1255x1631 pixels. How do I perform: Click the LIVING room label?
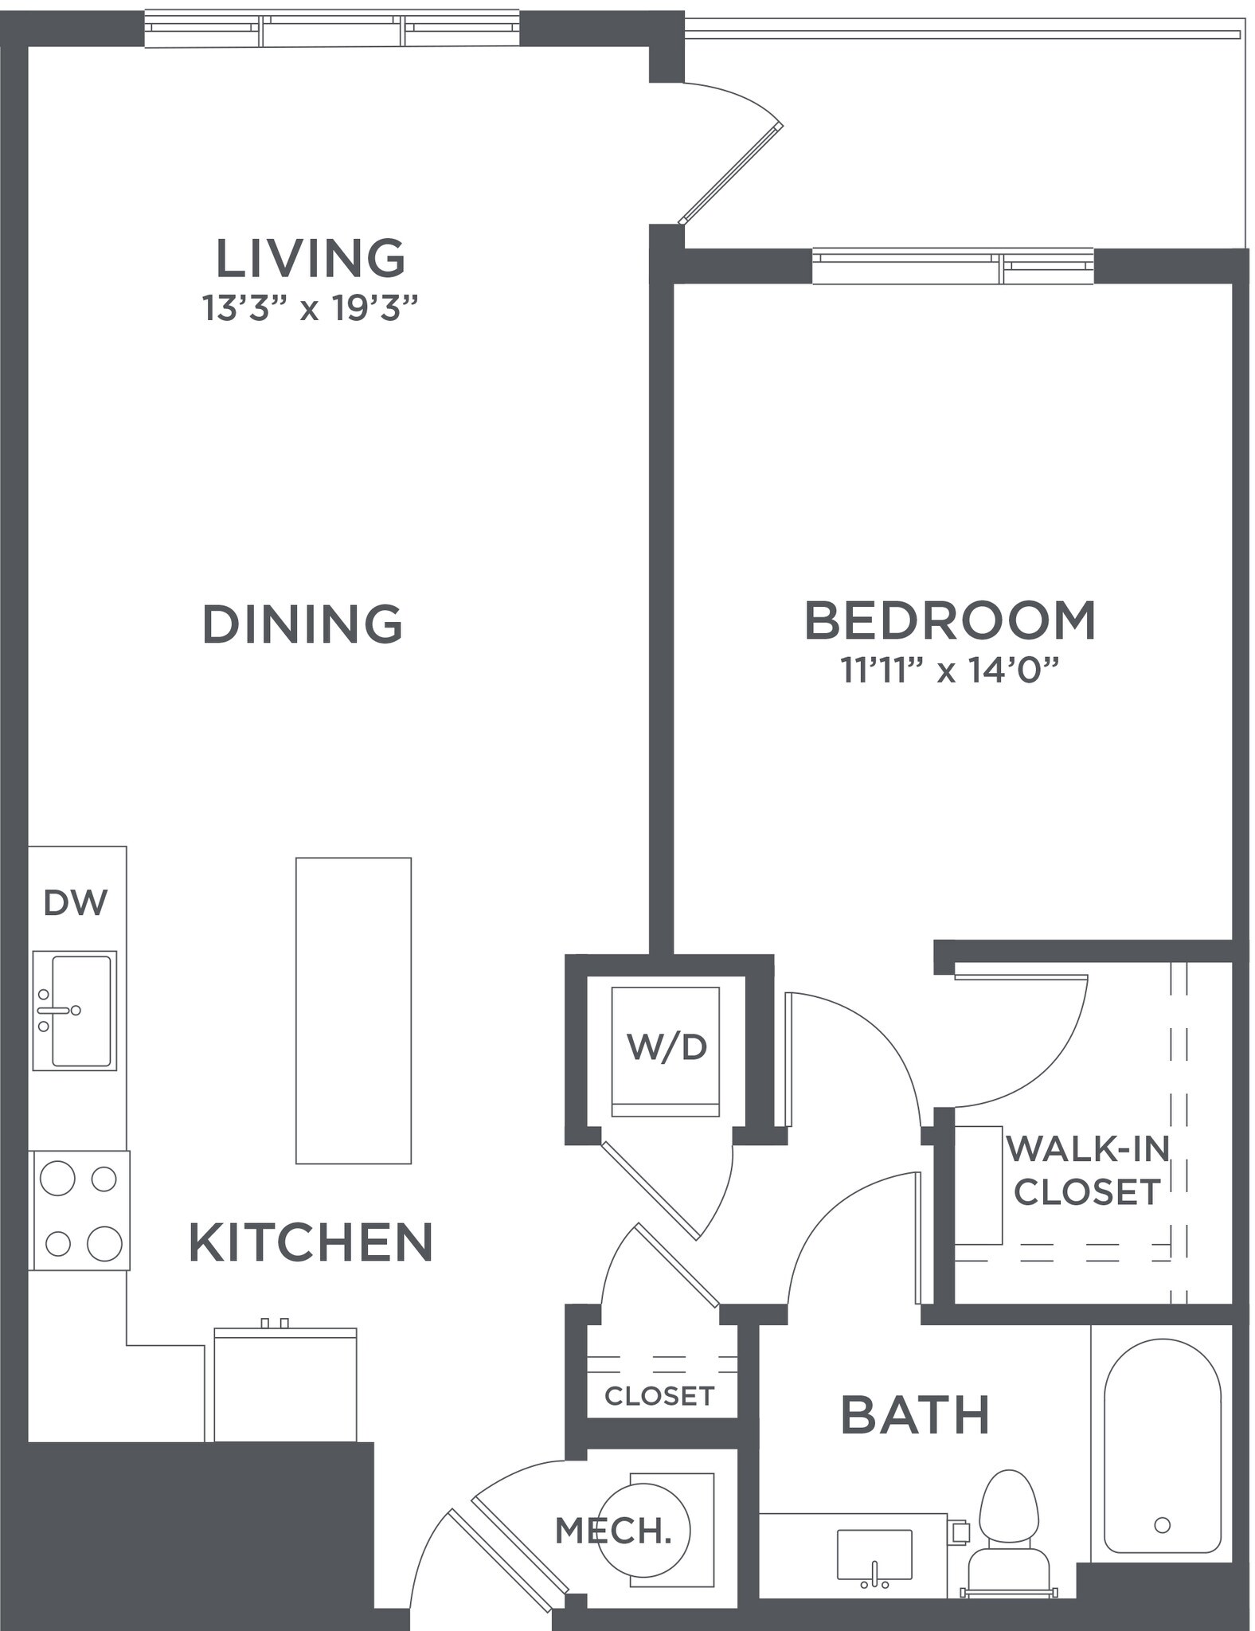click(311, 258)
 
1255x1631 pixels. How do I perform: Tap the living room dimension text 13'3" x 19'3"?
click(311, 308)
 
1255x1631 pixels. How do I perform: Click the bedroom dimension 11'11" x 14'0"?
click(950, 671)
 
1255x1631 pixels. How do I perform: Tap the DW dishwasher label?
click(76, 902)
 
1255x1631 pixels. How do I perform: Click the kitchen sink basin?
click(80, 1011)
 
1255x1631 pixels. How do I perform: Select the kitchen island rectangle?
click(354, 1011)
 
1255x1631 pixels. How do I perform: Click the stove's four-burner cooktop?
click(80, 1211)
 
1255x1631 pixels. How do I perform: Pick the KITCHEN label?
click(311, 1243)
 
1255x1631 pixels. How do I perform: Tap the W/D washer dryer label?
click(667, 1046)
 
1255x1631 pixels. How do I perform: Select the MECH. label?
click(613, 1531)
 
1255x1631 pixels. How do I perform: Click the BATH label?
click(915, 1415)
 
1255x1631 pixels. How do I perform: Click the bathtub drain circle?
click(1162, 1524)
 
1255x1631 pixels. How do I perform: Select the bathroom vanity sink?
click(874, 1555)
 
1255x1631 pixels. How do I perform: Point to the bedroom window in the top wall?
click(952, 267)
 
